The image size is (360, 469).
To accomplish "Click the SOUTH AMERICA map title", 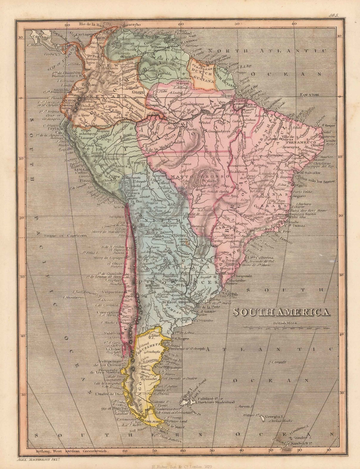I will click(281, 312).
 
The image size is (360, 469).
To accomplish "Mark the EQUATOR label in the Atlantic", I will click(309, 95).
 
